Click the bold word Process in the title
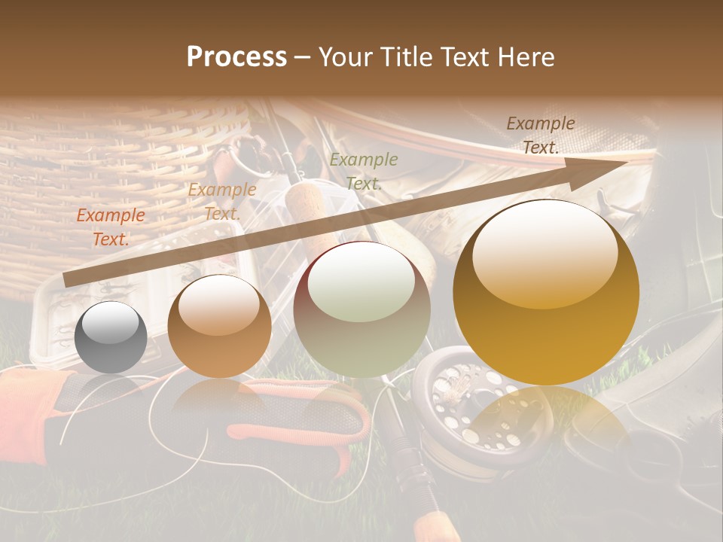tap(236, 56)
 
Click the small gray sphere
tap(111, 337)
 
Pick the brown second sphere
tap(219, 325)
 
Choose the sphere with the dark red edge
tap(361, 309)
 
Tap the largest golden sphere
tap(546, 292)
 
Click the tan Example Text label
tap(221, 202)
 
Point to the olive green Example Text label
tap(364, 171)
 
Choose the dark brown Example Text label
tap(541, 135)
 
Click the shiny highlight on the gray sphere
tap(110, 324)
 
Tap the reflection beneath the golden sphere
tap(546, 422)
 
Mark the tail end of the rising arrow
tap(68, 280)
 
